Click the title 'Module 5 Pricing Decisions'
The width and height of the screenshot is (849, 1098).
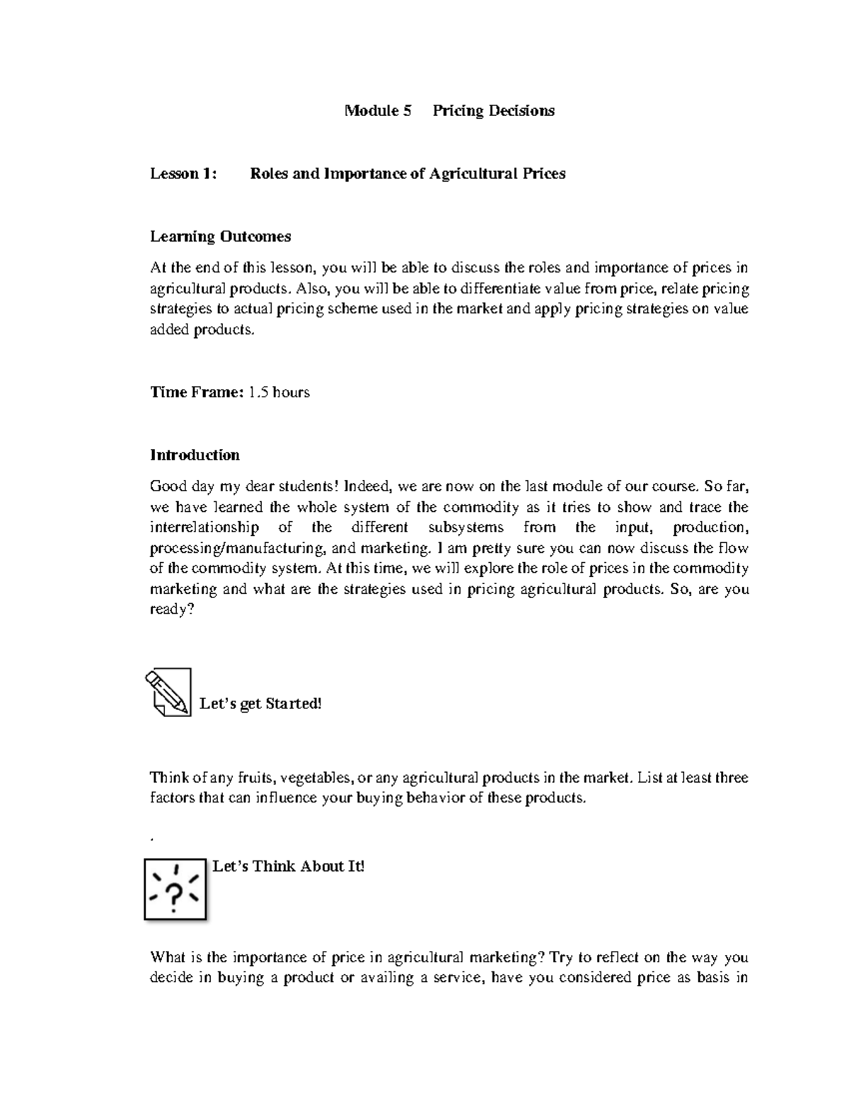[x=449, y=110]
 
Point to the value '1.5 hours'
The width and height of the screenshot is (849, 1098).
[x=279, y=392]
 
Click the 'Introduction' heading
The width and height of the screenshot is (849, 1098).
[x=195, y=455]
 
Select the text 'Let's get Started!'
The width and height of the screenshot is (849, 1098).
[x=260, y=703]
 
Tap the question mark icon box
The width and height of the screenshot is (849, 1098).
[x=175, y=889]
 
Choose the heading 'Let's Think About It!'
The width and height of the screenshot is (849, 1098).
[x=288, y=866]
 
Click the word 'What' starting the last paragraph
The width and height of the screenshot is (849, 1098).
[x=168, y=957]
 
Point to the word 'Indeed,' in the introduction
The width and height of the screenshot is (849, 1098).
[x=360, y=486]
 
